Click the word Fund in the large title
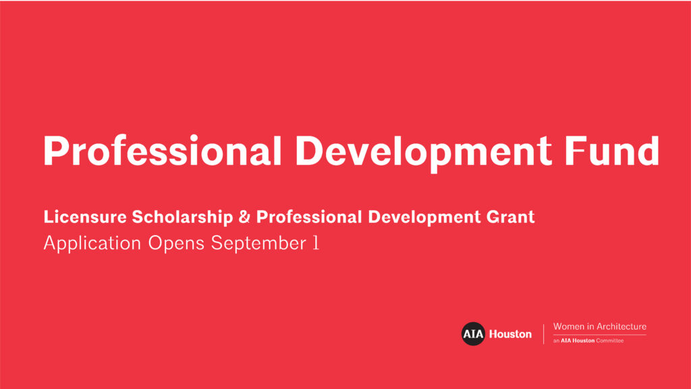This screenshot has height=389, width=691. point(611,151)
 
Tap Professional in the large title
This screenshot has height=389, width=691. point(162,151)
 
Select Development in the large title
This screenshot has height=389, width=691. point(423,153)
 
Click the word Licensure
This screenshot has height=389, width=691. point(85,217)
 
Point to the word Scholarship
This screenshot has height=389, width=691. point(182,217)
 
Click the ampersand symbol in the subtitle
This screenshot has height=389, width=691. point(244,217)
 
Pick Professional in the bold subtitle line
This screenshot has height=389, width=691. point(309,217)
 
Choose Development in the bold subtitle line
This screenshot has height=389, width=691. point(424,217)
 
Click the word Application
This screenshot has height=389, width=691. point(92,243)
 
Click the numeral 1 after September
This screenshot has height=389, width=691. point(316,243)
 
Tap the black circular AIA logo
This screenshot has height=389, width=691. point(473,334)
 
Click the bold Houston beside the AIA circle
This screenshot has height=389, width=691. point(510,334)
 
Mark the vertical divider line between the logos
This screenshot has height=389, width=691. point(543,334)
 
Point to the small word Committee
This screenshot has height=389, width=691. point(610,340)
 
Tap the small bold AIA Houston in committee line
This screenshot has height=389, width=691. point(578,340)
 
